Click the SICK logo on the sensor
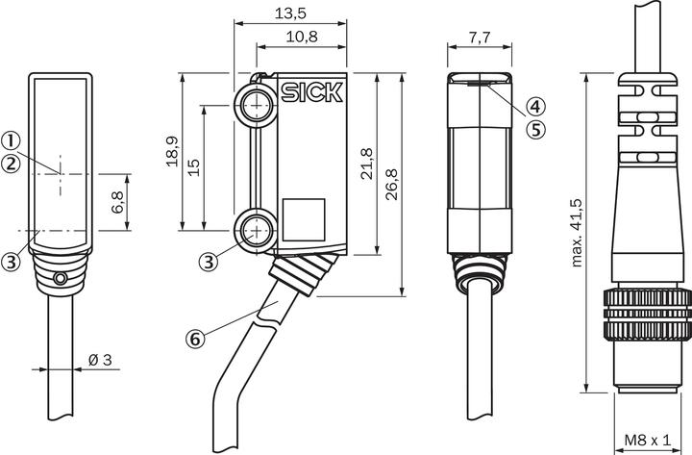312,92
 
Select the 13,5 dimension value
290,13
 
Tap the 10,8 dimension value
302,37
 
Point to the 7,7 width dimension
480,38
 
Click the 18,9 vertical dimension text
173,152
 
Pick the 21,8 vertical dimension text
367,164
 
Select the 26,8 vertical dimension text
391,184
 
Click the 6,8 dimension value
117,202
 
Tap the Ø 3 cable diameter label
100,360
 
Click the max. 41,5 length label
577,233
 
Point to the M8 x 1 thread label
648,440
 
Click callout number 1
11,141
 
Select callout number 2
11,164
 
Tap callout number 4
535,106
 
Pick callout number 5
535,130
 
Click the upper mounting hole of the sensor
256,106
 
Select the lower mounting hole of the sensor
256,231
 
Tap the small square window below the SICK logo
304,219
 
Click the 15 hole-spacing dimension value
193,167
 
